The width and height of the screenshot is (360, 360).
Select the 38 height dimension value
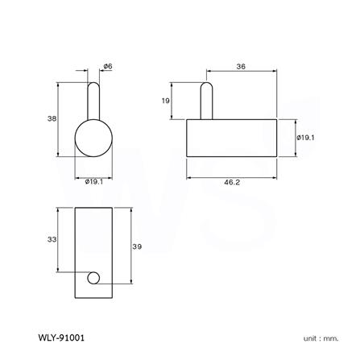(52, 118)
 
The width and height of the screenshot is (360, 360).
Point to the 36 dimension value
(240, 68)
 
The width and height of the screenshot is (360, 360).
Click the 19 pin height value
(165, 101)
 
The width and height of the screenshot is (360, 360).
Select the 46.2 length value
(232, 184)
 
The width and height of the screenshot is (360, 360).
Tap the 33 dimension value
(52, 239)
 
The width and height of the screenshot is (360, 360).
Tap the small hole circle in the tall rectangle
(94, 279)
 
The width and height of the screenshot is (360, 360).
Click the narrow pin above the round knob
(94, 101)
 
